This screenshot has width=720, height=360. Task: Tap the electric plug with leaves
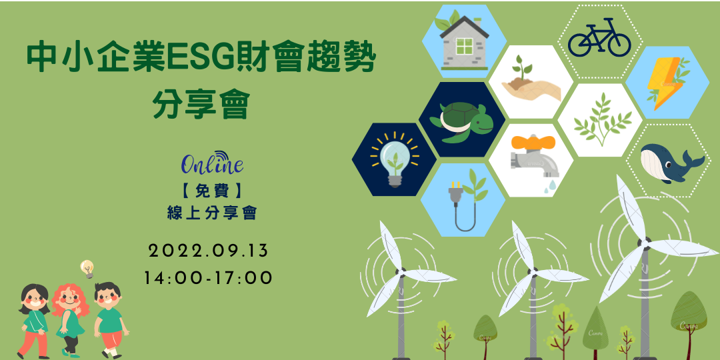(465, 199)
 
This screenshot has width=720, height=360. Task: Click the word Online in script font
(212, 164)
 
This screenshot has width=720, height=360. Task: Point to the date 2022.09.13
(208, 251)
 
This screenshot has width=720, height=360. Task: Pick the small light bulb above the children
(87, 269)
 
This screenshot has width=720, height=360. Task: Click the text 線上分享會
(211, 213)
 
